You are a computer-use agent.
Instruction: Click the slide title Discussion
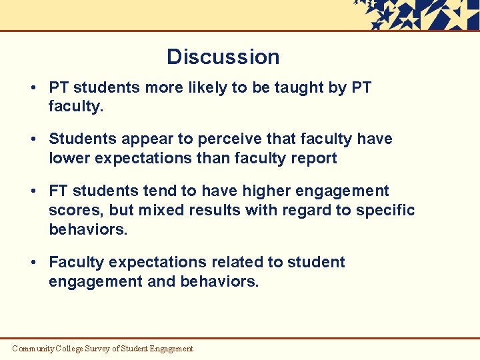223,57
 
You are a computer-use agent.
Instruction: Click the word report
313,158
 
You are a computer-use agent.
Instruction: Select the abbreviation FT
59,191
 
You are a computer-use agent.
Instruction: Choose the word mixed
161,210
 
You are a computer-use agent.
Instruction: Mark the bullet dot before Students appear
33,139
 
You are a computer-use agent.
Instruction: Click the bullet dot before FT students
33,191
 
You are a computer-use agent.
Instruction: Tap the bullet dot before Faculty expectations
33,262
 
